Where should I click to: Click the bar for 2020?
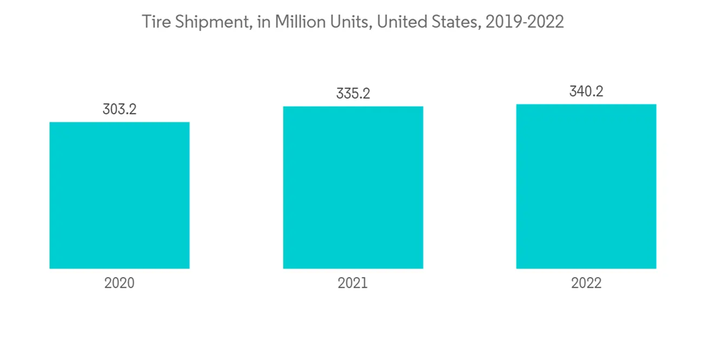coord(119,195)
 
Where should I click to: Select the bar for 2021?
coord(353,187)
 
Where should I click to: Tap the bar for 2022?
coord(586,186)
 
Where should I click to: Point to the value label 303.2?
coord(119,110)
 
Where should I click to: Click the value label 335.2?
coord(353,94)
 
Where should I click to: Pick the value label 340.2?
coord(586,91)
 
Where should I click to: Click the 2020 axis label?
coord(119,283)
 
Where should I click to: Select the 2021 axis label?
coord(353,283)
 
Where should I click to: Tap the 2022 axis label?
coord(586,283)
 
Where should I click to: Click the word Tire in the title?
coord(154,22)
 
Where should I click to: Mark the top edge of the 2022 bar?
coord(586,105)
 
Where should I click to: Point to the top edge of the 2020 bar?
coord(119,123)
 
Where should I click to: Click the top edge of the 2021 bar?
coord(353,107)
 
